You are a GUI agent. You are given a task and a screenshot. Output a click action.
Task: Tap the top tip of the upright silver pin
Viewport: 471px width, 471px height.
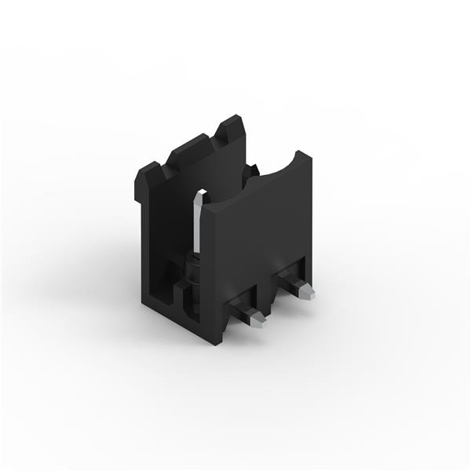coord(199,191)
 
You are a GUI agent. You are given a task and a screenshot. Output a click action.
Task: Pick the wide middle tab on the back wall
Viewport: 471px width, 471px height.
coord(189,148)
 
